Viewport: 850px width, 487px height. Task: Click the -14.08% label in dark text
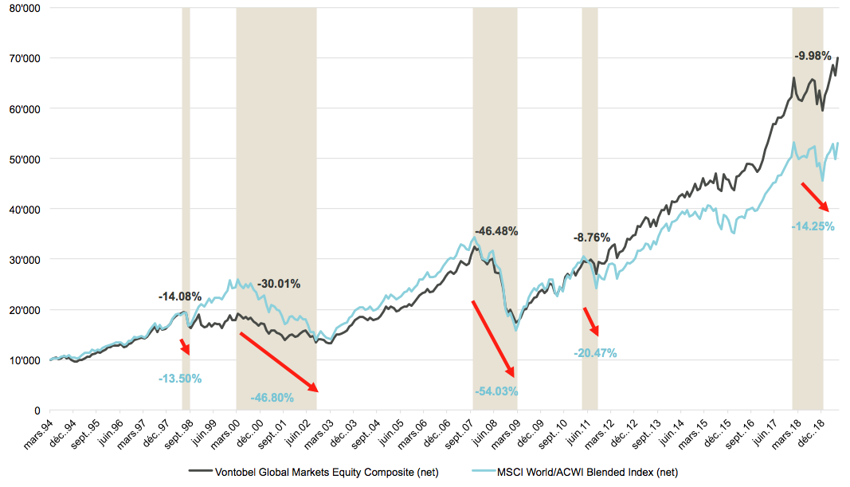(180, 297)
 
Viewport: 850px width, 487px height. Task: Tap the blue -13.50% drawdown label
(180, 379)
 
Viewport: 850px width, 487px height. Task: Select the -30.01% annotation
(279, 284)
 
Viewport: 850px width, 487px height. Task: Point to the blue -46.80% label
(272, 398)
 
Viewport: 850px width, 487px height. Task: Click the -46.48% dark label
(496, 231)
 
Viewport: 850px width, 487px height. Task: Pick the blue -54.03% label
(496, 391)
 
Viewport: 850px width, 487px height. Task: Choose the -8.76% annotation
(591, 238)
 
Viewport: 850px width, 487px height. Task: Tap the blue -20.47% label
(595, 353)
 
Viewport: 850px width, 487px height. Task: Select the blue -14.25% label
(813, 226)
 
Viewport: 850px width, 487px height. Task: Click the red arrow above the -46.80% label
(278, 362)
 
